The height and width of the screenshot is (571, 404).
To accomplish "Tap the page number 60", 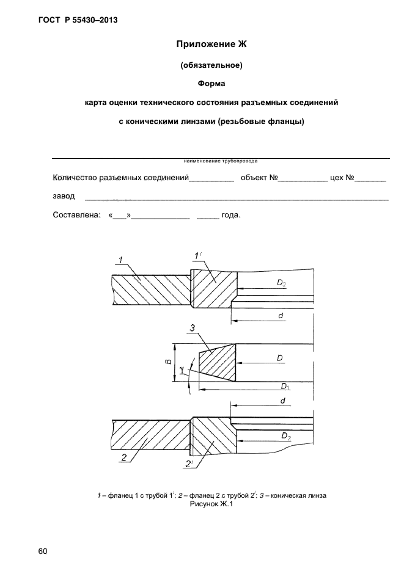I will click(42, 552).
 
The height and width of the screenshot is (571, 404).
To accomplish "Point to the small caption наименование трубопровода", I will click(220, 162).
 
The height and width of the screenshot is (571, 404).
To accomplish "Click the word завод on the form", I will click(64, 196).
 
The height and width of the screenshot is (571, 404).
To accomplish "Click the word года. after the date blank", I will click(230, 215).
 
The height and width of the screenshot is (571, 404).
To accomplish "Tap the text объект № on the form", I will click(260, 178).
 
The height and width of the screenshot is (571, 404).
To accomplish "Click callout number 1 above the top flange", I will click(121, 261).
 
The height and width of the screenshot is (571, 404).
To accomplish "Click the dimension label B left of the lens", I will click(167, 362).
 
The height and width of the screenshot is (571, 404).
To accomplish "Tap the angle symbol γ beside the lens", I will click(182, 370).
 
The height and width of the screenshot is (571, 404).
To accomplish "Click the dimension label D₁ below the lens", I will click(285, 386).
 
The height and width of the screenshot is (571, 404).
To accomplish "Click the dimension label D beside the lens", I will click(279, 358).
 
